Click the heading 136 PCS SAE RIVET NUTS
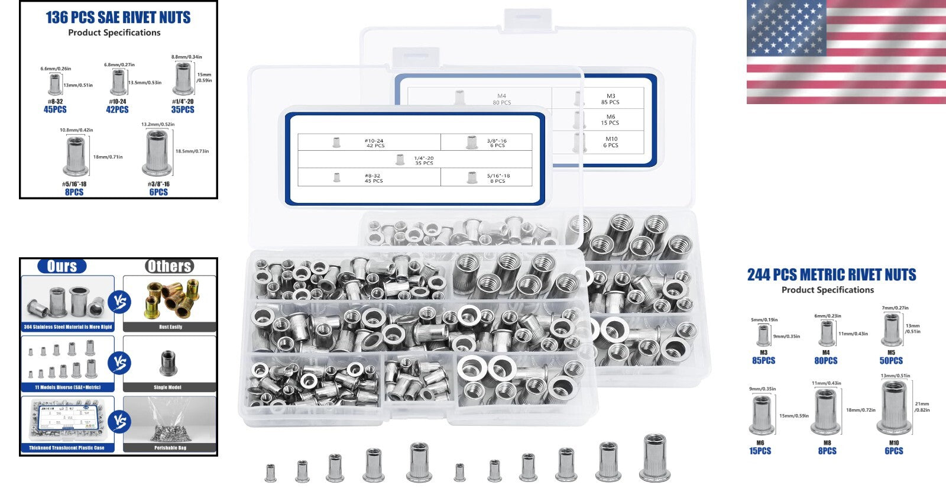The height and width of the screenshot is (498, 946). pos(118,18)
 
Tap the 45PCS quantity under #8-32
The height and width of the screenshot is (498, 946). pos(55,109)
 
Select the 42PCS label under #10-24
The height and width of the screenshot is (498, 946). pos(117,109)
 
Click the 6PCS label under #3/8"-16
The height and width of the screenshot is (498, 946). pos(158,192)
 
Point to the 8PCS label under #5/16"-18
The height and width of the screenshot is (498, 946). pos(74,192)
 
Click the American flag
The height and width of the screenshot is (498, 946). pos(845,52)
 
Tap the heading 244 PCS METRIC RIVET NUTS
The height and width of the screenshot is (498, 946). pos(831,275)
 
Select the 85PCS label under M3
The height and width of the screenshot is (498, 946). pos(763,361)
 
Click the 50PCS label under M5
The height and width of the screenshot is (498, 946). pos(891,361)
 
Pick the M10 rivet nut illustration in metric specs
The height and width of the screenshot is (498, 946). pos(893,408)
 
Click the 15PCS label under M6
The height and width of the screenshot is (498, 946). pos(760,451)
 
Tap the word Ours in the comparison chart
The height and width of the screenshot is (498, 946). pos(62,267)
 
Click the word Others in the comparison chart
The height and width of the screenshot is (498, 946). pos(170,267)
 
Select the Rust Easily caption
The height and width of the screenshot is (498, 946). pos(170,327)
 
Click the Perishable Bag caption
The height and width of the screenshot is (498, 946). pos(170,448)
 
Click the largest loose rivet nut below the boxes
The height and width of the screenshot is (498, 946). pos(655,458)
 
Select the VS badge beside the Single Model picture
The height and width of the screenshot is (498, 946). pos(119,363)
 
